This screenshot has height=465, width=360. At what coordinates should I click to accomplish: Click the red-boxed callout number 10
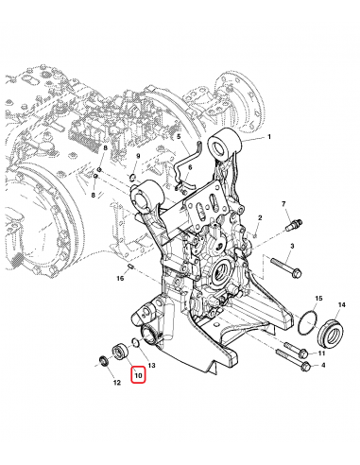click(x=138, y=376)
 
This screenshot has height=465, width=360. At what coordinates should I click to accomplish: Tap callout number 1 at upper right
click(x=268, y=138)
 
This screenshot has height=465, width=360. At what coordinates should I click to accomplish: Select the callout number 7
click(x=283, y=204)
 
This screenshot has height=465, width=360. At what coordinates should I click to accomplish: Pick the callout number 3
click(x=293, y=247)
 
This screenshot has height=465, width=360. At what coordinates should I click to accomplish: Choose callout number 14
click(x=342, y=305)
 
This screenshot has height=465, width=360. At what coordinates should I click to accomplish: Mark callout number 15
click(x=317, y=298)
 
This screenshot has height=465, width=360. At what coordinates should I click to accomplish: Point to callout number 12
click(x=116, y=383)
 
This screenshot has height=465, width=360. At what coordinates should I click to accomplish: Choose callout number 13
click(x=151, y=363)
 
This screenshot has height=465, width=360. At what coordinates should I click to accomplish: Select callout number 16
click(x=121, y=279)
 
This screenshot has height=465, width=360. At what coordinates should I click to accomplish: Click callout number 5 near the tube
click(x=177, y=137)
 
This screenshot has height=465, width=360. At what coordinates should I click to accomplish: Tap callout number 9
click(x=138, y=156)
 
